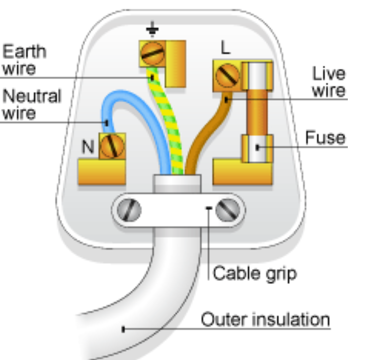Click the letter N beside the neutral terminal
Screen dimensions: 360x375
pos(89,147)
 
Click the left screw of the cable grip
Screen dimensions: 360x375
pos(130,210)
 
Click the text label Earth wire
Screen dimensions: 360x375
pos(24,59)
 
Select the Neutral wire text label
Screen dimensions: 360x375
pos(31,104)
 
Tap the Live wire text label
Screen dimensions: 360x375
pos(328,82)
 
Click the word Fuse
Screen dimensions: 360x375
pos(325,138)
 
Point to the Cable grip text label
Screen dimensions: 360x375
pos(254,273)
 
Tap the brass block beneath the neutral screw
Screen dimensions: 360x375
pos(102,172)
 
